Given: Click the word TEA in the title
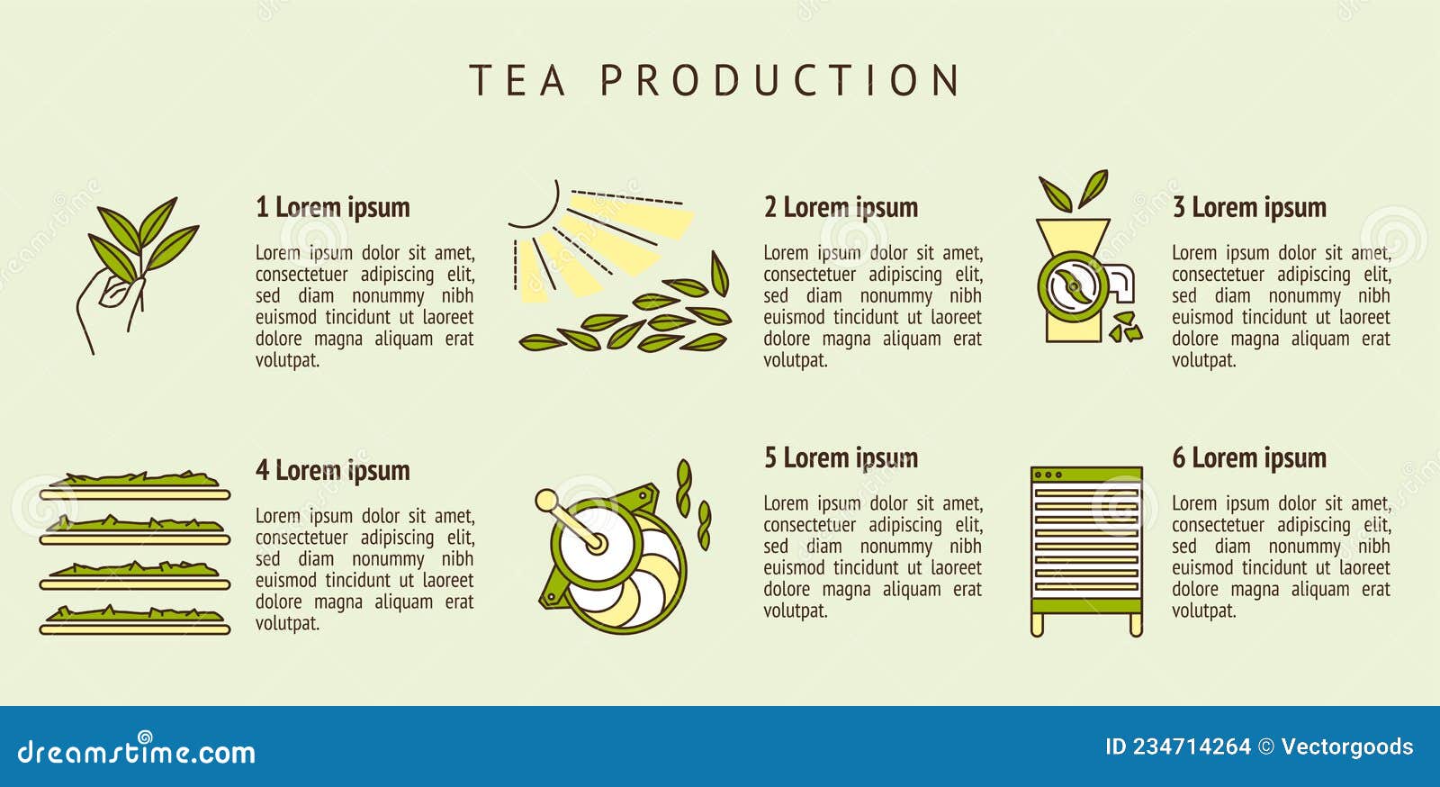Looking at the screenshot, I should (x=518, y=80).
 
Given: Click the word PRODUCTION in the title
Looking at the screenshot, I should (x=779, y=80).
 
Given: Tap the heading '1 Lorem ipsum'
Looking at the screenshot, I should (x=332, y=207).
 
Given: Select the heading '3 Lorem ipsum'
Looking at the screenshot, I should (x=1248, y=207).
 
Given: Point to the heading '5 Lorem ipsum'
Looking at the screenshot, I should (x=841, y=457).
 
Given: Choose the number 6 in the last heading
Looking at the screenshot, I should (x=1178, y=457).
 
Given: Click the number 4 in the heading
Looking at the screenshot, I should (x=262, y=470).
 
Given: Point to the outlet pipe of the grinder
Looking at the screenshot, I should (x=1121, y=284).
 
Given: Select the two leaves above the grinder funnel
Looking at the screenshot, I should (x=1073, y=190).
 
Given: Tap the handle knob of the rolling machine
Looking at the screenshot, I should (x=545, y=500).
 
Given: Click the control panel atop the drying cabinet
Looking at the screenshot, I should (x=1086, y=474).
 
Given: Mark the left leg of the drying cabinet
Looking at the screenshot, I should (x=1037, y=625).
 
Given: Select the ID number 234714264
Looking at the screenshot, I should (x=1192, y=746).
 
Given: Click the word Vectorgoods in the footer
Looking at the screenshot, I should (x=1346, y=746).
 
